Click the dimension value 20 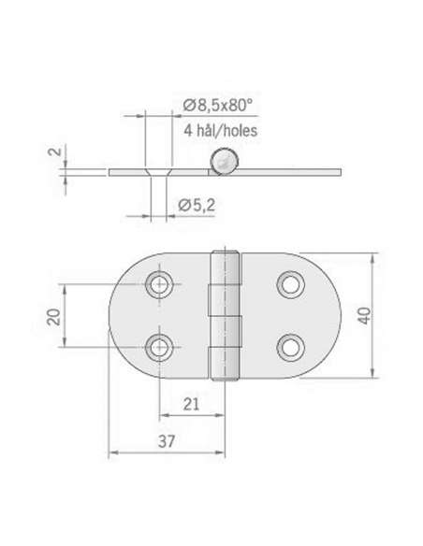(x=53, y=316)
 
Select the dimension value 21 (x=190, y=404)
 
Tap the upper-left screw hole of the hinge (x=160, y=283)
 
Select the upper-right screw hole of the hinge (x=291, y=283)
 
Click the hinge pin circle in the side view (x=223, y=163)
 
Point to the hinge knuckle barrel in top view (x=225, y=316)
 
